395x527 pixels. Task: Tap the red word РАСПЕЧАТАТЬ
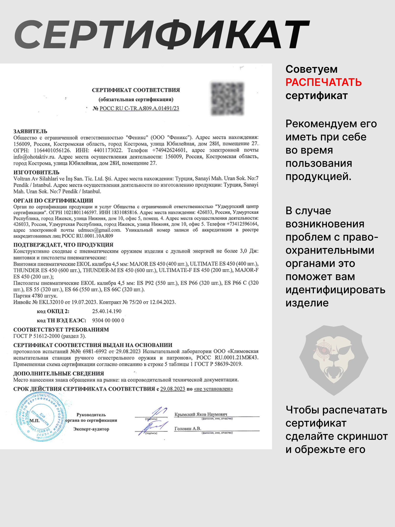coord(323,82)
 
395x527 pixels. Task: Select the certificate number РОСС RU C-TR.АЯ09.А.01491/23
coord(139,108)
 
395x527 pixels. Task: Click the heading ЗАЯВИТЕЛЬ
coord(30,131)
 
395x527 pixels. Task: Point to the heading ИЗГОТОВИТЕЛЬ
coord(36,172)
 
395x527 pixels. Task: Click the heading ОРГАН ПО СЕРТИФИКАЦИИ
coord(53,201)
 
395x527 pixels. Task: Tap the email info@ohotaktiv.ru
coord(34,157)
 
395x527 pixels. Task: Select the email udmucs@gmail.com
coord(100,230)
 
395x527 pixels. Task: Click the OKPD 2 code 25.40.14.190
coord(107,311)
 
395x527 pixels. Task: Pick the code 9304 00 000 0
coord(108,320)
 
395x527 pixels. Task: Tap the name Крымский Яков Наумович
coord(201,414)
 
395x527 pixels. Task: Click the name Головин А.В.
coord(187,429)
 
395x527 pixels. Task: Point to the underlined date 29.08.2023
coord(172,389)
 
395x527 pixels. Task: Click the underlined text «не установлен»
coord(213,389)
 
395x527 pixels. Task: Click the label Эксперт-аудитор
coord(91,429)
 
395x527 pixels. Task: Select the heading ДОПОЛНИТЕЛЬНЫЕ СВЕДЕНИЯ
coord(58,373)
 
